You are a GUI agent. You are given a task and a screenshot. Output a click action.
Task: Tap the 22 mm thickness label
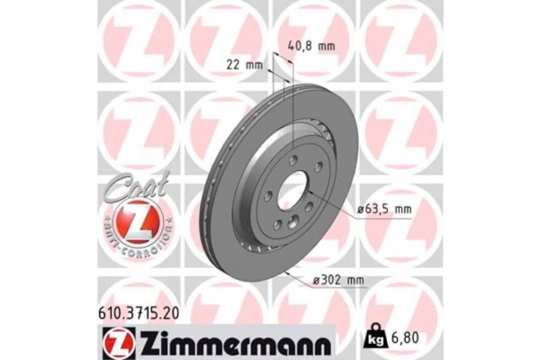coord(246,64)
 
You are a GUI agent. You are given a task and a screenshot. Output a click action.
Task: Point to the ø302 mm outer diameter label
coord(337,281)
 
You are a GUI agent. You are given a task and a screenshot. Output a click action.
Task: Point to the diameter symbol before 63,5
coord(359,209)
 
